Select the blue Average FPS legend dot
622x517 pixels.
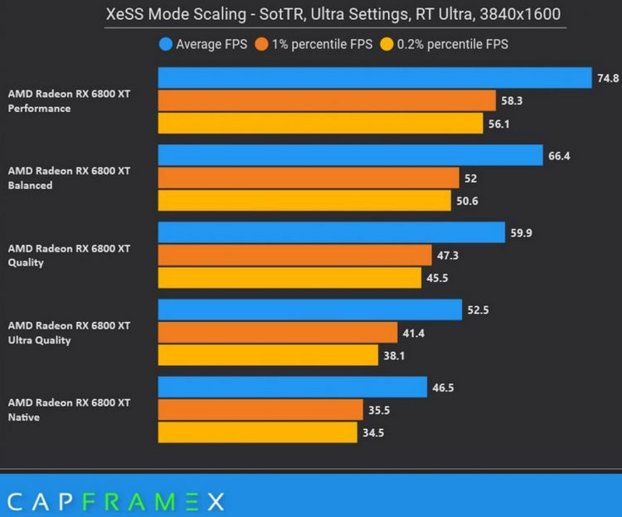coord(166,45)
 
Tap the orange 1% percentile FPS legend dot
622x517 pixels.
coord(262,45)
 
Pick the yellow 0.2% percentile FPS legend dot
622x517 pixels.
coord(386,45)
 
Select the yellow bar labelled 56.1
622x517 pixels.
coord(320,123)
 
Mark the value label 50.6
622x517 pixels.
coord(465,200)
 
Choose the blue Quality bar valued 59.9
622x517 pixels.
coord(332,232)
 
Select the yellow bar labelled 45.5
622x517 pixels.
coord(290,277)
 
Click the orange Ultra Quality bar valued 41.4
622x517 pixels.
coord(278,332)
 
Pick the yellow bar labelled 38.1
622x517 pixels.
coord(268,354)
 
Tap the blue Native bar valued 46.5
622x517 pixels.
coord(292,387)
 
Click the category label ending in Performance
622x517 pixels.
coord(69,101)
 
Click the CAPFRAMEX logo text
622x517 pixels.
coord(115,500)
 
